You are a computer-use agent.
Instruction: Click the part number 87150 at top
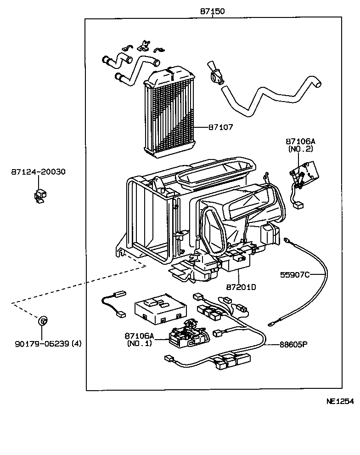(212, 11)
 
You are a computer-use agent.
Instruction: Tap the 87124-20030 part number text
(38, 172)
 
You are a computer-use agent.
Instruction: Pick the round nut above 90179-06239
(42, 320)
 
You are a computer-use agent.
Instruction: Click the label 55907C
(295, 275)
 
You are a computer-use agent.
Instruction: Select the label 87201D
(241, 287)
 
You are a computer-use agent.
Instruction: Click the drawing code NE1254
(340, 401)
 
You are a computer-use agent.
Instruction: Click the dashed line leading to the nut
(78, 284)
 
